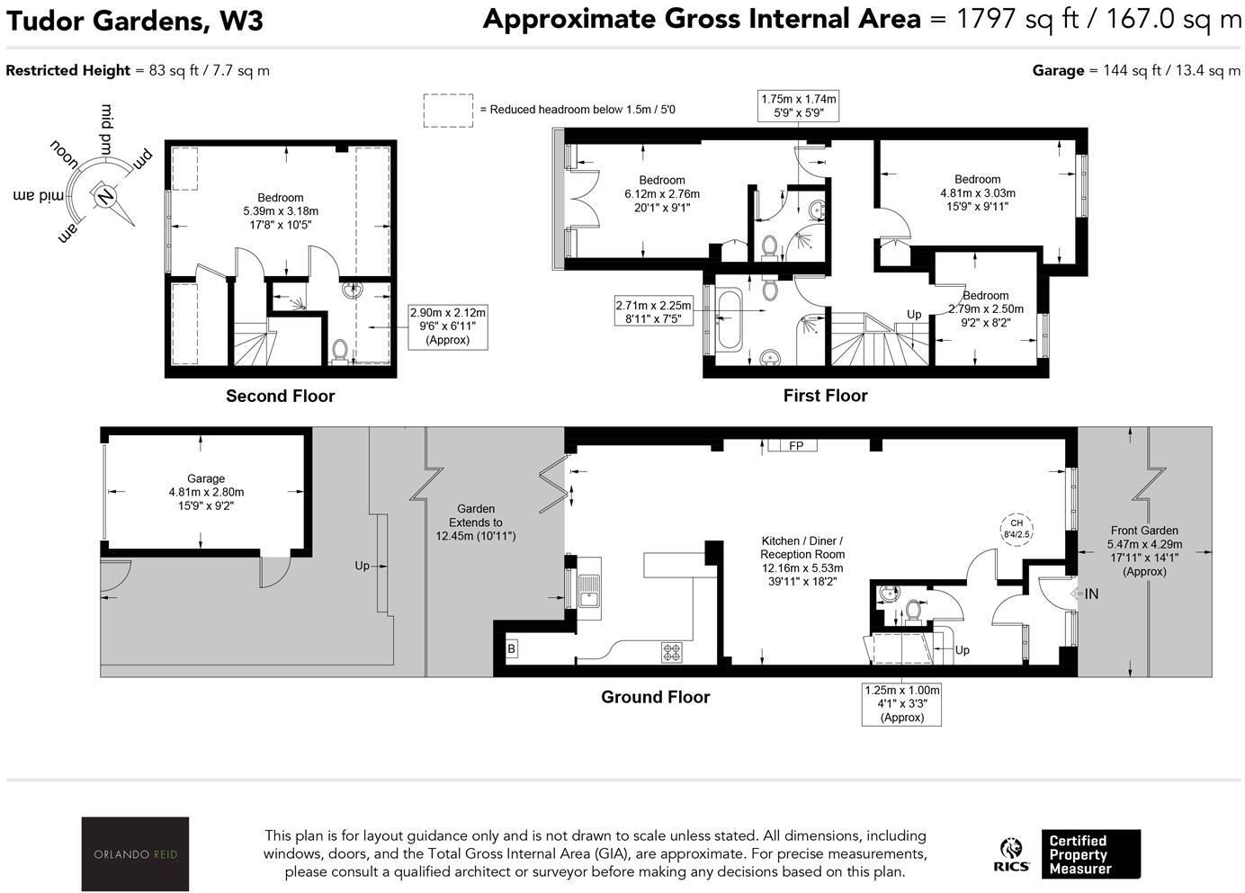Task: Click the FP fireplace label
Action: click(795, 445)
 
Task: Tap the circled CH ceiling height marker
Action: click(1017, 529)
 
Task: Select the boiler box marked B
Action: click(511, 648)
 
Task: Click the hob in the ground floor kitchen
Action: click(671, 652)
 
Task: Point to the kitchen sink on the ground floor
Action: click(588, 588)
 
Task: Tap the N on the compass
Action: click(104, 196)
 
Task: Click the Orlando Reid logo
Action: click(135, 853)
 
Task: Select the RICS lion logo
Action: click(1011, 854)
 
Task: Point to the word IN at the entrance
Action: click(1091, 594)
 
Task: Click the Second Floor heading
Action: click(280, 396)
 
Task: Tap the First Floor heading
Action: click(826, 395)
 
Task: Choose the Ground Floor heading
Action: click(655, 697)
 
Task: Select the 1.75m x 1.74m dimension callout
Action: click(798, 105)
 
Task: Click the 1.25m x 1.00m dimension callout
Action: click(901, 703)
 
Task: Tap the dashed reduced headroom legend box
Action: click(448, 111)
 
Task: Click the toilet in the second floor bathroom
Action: click(340, 352)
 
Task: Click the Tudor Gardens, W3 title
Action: click(135, 21)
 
